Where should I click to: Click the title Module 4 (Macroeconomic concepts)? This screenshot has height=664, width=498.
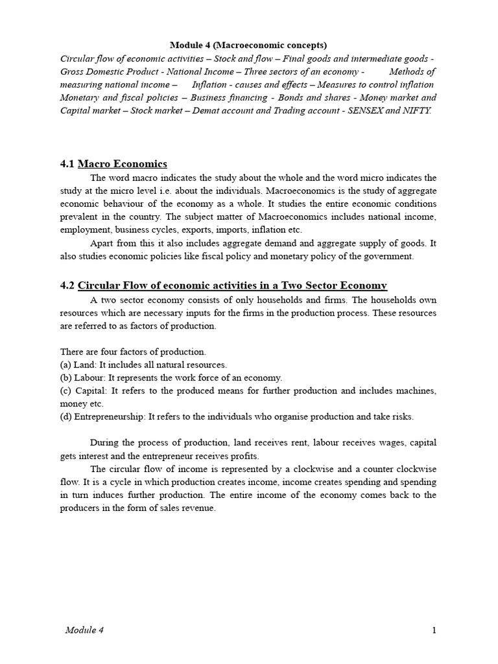[x=248, y=45]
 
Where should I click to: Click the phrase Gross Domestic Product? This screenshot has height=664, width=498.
[x=106, y=71]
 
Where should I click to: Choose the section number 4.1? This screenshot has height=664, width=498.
[x=67, y=163]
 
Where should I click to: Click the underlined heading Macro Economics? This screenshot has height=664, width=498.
[x=122, y=163]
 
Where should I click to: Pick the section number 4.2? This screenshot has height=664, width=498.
[x=67, y=285]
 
